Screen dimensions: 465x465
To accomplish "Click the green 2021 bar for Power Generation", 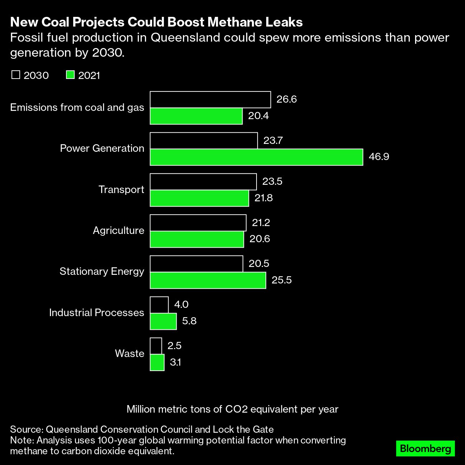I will (256, 157).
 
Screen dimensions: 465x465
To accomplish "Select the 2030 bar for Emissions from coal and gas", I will (210, 100).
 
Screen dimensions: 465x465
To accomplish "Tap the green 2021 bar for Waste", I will (157, 362).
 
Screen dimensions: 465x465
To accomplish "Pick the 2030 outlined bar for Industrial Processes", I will (159, 305).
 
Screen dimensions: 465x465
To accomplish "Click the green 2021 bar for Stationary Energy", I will (208, 280).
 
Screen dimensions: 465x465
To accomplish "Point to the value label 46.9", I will (379, 157).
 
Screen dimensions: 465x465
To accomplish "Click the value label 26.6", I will (286, 99).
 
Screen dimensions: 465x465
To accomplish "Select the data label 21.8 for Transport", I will (263, 198).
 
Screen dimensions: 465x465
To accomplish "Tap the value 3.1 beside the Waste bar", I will (175, 362).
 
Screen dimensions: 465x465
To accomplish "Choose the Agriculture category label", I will (118, 230).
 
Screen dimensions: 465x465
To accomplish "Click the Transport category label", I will (121, 189).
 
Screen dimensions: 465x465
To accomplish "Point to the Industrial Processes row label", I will (97, 313).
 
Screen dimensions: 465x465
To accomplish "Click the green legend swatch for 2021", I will (70, 75).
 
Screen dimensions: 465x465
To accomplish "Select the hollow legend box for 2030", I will (16, 75).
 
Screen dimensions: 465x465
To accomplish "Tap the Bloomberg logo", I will (425, 448).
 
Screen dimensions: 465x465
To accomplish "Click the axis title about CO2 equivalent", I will (232, 409).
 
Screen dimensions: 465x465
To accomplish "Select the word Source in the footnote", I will (26, 429).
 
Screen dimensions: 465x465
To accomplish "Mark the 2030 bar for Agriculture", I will (198, 223).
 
